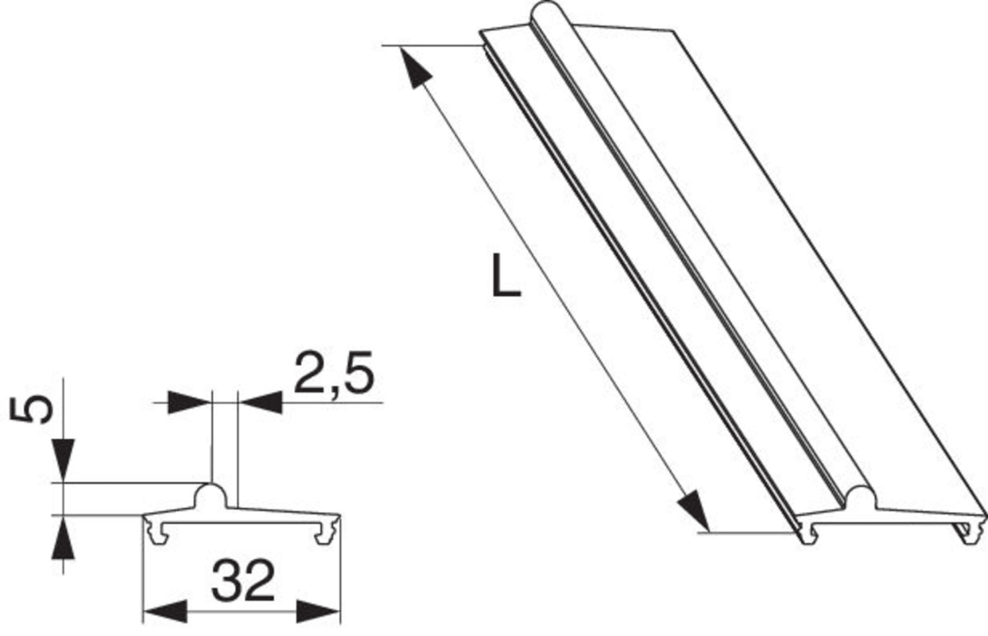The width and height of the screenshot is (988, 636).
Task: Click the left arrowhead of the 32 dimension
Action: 163,611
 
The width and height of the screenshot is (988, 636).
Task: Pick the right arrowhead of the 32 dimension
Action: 319,611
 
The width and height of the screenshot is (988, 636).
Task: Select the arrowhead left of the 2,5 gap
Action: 191,402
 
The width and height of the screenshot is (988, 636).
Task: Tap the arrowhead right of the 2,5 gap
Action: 260,402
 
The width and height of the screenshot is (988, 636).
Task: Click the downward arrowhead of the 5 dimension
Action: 64,460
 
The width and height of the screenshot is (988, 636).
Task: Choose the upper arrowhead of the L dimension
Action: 416,67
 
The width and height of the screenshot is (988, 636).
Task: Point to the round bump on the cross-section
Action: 211,495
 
